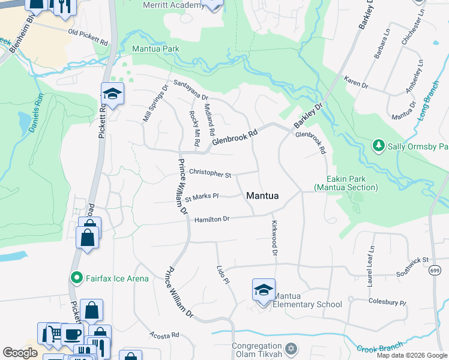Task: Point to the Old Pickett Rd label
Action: pos(88,37)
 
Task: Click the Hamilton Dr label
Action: pos(212,220)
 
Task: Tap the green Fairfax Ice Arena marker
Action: pos(76,277)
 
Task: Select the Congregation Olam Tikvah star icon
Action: pos(291,349)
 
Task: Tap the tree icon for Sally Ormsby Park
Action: pos(378,146)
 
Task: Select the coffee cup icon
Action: pos(72,334)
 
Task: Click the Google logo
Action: pos(20,353)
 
